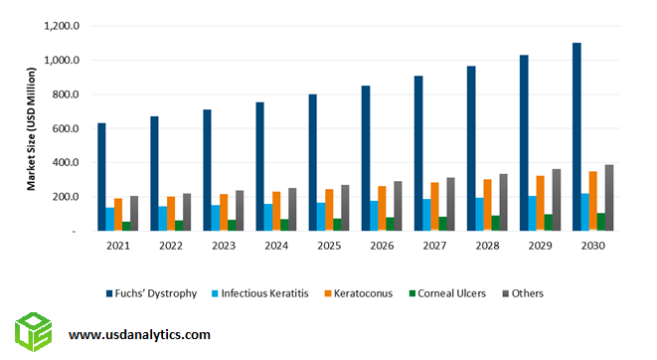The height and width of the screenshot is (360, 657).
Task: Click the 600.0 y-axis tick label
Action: tap(66, 128)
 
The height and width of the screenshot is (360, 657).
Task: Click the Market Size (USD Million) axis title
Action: tap(31, 129)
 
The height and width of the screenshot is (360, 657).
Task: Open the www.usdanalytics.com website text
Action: tap(139, 335)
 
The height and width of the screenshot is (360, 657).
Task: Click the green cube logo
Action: tap(33, 332)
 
